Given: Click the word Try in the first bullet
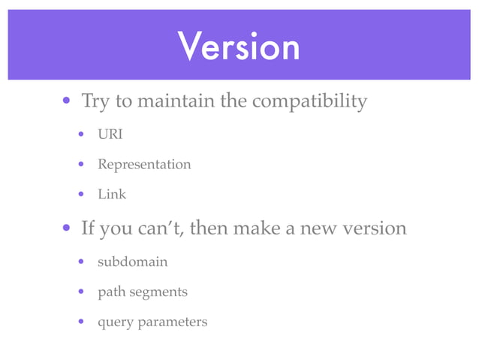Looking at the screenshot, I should [95, 101].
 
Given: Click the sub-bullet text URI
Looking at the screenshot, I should [110, 135].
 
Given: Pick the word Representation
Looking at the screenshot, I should [144, 164].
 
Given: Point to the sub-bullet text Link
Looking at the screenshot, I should [112, 194].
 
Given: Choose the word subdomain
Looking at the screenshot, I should [132, 262].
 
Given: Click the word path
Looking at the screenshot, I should [111, 292].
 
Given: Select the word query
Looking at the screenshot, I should [115, 322].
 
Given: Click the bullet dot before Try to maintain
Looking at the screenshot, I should [67, 101].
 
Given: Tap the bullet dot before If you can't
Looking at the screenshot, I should [67, 228].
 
